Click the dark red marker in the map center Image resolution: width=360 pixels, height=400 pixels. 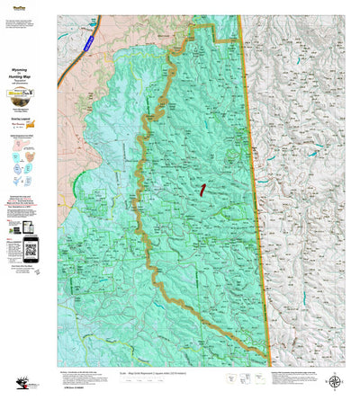click(203, 189)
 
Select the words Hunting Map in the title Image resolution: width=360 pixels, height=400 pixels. click(28, 77)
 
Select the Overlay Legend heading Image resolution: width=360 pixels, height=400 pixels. click(28, 129)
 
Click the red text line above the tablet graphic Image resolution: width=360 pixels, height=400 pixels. click(28, 206)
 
